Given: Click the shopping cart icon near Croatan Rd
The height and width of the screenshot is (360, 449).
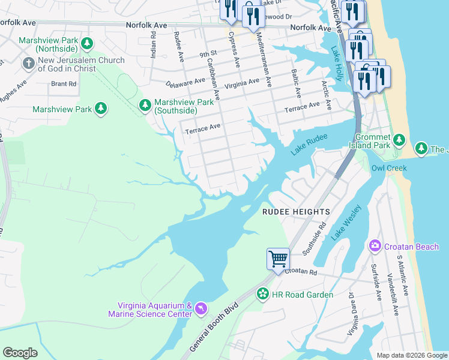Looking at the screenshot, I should coord(278,259).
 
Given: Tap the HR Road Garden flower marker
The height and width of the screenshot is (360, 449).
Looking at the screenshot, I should coord(262,294).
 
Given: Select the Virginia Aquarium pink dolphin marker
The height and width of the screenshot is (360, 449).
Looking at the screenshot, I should coord(200,309).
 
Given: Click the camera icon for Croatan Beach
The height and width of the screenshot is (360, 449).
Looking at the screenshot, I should coord(375,246).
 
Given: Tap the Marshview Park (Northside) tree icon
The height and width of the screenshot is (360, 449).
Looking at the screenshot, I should coord(88,43).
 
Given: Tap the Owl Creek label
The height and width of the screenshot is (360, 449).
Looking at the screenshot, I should coord(389,167).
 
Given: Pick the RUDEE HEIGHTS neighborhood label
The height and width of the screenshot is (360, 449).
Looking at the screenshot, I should coord(296,212).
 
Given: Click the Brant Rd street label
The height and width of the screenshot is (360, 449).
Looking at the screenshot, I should coord(64,84).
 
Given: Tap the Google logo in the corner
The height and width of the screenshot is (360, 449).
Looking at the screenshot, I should coord(20,353).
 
